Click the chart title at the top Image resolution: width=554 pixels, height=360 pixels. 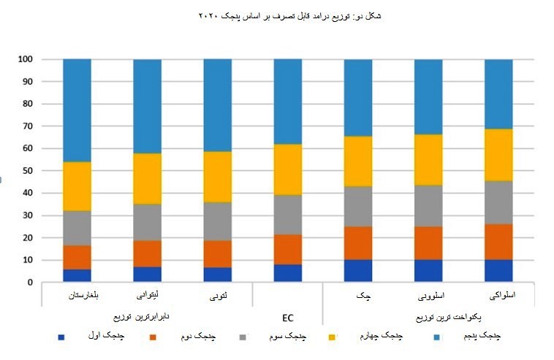[x=290, y=15]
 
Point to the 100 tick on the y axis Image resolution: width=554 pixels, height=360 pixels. [x=26, y=59]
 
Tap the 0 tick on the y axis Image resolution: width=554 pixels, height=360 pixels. [x=30, y=283]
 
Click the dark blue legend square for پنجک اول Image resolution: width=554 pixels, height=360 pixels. [x=61, y=337]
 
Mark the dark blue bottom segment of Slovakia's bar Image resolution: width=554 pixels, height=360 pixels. [x=498, y=271]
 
